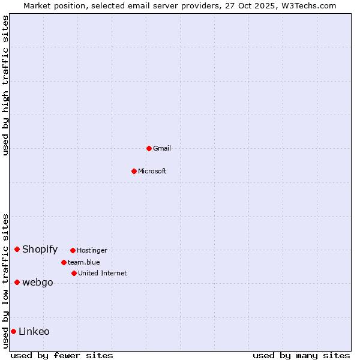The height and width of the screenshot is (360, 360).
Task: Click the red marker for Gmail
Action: tap(149, 148)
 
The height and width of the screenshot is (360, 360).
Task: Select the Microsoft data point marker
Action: tap(134, 171)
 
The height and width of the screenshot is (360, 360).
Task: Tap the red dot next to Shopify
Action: tap(17, 249)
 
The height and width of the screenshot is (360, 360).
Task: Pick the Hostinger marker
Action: tap(73, 250)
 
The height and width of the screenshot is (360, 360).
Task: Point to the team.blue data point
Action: tap(64, 262)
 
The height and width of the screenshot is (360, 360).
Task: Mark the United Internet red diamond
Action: tap(74, 273)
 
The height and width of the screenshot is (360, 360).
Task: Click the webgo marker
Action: tap(17, 282)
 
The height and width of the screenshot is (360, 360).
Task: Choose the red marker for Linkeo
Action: tap(13, 331)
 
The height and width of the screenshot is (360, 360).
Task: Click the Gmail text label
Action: tap(162, 148)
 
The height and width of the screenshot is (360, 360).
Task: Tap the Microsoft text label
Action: tap(152, 171)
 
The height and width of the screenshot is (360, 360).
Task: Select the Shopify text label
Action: tap(40, 249)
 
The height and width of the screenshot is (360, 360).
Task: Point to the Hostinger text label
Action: tap(92, 250)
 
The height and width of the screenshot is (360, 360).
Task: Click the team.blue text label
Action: tap(84, 262)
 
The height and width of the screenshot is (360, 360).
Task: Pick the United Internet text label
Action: tap(103, 273)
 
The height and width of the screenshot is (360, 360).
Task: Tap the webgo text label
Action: tap(37, 283)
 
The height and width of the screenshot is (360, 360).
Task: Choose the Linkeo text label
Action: tap(34, 331)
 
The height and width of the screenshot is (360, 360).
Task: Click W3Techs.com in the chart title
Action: tap(308, 5)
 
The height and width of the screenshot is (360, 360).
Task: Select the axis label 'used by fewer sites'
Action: tap(62, 355)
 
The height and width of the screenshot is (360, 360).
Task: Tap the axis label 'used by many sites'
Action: tap(301, 355)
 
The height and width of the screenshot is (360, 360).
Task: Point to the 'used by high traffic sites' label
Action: tap(5, 85)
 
